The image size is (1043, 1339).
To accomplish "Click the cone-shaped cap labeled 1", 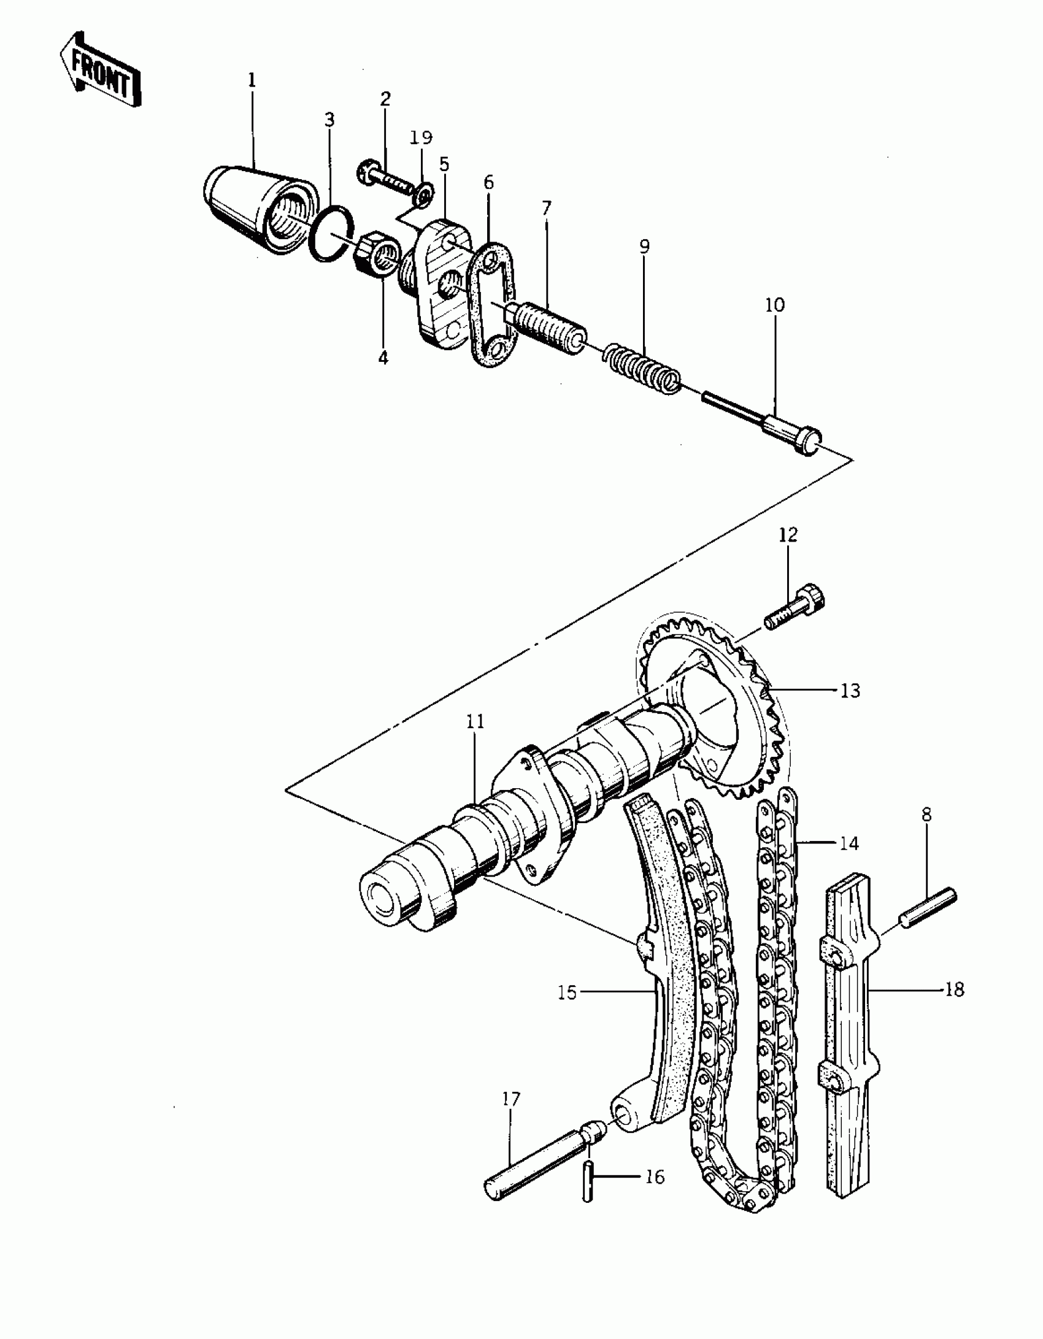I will pyautogui.click(x=258, y=209).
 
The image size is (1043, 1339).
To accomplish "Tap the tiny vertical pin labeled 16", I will pyautogui.click(x=588, y=1181).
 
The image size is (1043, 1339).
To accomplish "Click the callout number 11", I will pyautogui.click(x=475, y=722).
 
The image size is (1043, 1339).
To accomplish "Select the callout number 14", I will pyautogui.click(x=849, y=843).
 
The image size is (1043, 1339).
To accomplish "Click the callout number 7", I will pyautogui.click(x=546, y=208).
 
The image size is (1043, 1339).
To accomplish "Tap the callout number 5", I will pyautogui.click(x=444, y=164).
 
